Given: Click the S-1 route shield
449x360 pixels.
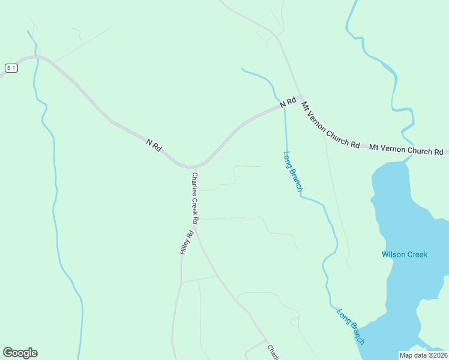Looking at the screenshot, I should (11, 68).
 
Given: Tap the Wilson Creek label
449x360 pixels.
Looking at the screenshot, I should (405, 254).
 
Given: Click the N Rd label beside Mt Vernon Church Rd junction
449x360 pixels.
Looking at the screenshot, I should (288, 103).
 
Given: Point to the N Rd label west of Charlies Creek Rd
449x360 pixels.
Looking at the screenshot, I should (154, 145).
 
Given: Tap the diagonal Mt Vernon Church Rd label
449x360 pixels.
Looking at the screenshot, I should (330, 125).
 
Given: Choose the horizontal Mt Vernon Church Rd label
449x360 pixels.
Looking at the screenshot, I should (406, 148).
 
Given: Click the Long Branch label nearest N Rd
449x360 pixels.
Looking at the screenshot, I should (293, 171).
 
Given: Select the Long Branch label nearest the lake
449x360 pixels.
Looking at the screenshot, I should (351, 327).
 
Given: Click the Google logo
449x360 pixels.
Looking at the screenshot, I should (20, 353).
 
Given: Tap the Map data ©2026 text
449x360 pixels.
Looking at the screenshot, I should (423, 355).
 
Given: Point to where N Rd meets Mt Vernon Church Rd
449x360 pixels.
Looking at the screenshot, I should (299, 98).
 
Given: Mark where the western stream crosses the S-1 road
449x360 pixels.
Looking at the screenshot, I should (37, 58).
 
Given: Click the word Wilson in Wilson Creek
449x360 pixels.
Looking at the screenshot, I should (393, 254).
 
